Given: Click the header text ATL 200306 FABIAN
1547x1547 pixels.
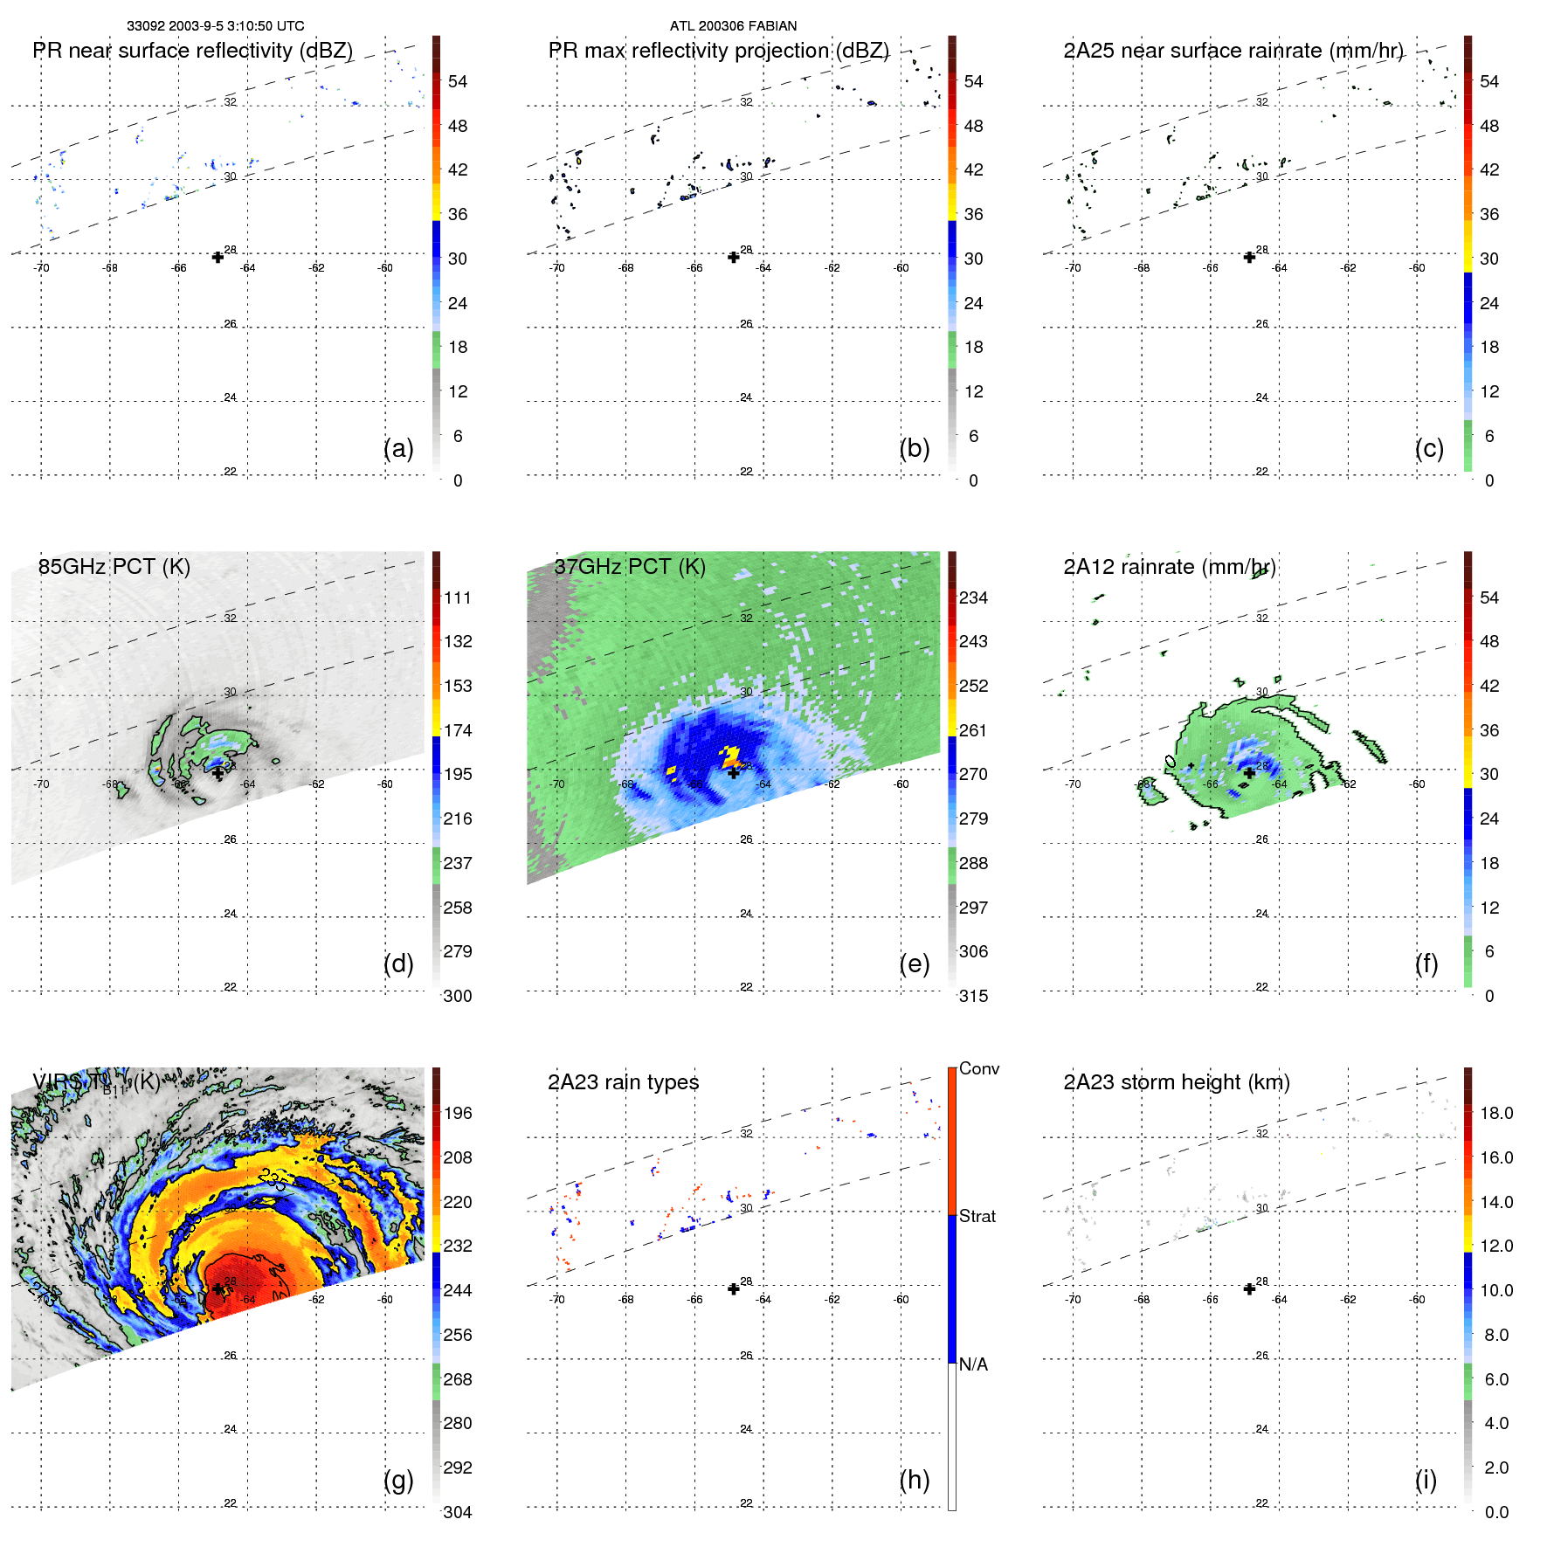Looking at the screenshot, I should [x=733, y=26].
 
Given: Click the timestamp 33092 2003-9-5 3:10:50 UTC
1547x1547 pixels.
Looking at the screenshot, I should [x=216, y=26].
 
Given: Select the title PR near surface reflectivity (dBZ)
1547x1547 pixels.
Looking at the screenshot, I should [x=192, y=51].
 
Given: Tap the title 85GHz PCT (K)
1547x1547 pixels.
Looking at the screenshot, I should [x=114, y=567].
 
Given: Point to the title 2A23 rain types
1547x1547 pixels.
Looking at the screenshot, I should [x=623, y=1082].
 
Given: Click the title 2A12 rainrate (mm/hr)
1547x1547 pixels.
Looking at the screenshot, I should [x=1169, y=567].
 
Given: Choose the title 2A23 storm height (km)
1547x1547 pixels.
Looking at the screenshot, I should [x=1176, y=1082].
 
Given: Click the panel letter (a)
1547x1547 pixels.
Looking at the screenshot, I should [x=398, y=448].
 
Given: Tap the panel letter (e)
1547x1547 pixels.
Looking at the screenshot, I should [x=914, y=963].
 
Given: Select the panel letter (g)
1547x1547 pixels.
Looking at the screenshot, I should [x=398, y=1480].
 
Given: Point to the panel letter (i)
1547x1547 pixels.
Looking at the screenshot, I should [x=1426, y=1480].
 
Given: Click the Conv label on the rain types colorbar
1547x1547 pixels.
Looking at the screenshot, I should [x=979, y=1068].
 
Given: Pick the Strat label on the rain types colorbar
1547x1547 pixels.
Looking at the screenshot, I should [x=977, y=1216].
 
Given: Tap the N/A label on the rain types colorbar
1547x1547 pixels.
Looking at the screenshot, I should [x=973, y=1364].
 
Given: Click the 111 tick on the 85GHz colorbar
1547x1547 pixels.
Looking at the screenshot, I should [x=458, y=597].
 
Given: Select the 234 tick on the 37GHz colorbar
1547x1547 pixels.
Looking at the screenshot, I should [x=973, y=597].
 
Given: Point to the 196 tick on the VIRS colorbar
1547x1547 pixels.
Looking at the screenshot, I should [x=458, y=1113].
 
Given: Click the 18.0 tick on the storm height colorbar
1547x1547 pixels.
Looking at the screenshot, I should [x=1496, y=1113].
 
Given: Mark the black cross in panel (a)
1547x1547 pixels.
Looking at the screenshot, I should [x=218, y=257].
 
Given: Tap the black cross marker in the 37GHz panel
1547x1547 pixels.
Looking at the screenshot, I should [x=734, y=772].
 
